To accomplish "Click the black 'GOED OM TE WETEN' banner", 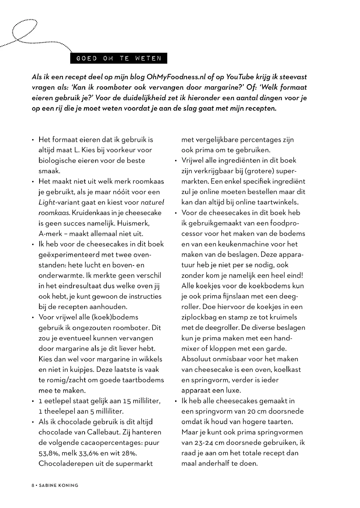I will click(119, 58).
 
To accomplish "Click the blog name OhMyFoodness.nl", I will click(173, 77).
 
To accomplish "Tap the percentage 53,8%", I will click(47, 453).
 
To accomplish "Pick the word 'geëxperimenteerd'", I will click(67, 255).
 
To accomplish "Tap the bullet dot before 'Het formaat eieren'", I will click(32, 140).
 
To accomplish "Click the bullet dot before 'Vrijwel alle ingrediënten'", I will click(175, 161).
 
